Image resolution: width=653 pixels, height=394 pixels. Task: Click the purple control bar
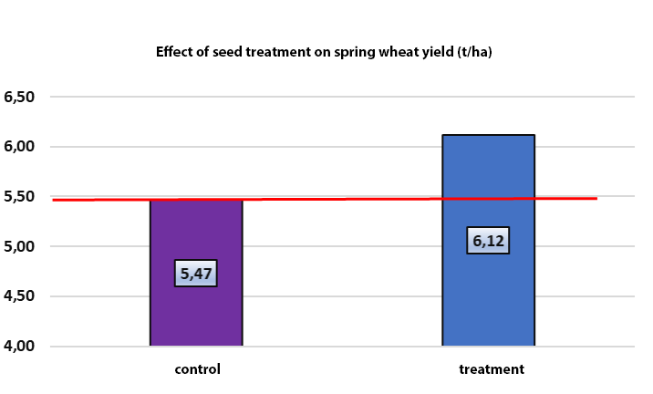(x=196, y=310)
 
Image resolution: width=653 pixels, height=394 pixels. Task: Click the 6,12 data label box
(x=488, y=240)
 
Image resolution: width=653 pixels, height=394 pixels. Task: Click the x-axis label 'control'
(x=197, y=369)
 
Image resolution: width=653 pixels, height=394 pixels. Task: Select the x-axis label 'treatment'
(x=491, y=369)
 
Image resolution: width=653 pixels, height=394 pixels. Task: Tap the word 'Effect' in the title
(x=177, y=52)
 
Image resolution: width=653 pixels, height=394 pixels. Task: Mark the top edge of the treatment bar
(x=488, y=135)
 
